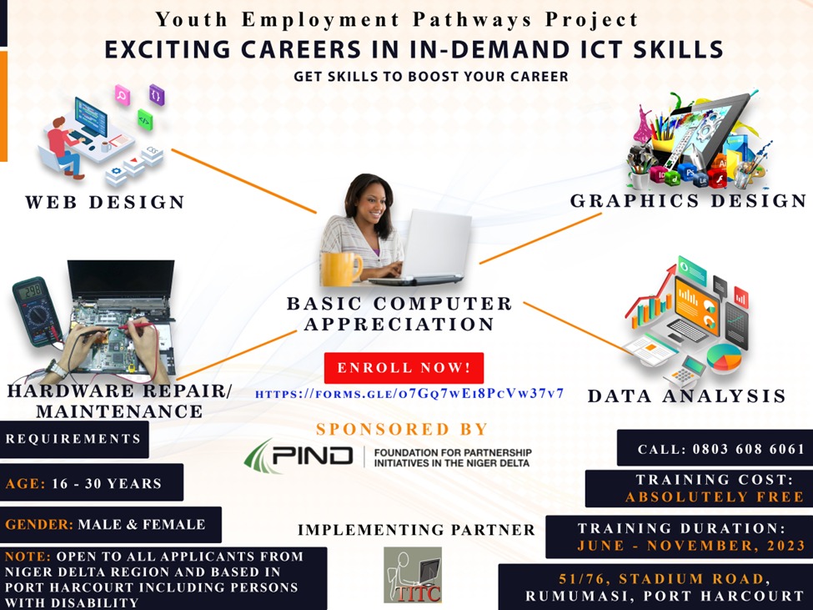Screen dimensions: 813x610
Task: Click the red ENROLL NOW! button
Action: click(x=404, y=368)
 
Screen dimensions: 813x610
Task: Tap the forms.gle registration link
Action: click(x=409, y=394)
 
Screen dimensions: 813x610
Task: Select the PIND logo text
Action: click(x=313, y=456)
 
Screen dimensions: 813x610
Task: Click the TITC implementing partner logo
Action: click(x=413, y=575)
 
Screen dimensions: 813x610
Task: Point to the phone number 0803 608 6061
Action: click(x=748, y=449)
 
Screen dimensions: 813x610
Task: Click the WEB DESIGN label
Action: click(x=105, y=202)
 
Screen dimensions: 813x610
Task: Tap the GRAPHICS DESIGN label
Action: click(x=688, y=201)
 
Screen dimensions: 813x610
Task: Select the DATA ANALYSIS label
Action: click(x=686, y=396)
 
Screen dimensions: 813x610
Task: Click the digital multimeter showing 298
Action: click(x=37, y=311)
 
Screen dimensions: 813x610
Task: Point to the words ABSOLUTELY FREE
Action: click(x=715, y=497)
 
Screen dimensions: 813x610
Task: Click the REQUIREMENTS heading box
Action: click(x=74, y=439)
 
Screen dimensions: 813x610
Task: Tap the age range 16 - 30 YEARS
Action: click(x=107, y=483)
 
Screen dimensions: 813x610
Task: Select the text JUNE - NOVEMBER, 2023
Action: click(x=691, y=545)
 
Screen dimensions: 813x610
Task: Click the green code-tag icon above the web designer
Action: click(x=145, y=120)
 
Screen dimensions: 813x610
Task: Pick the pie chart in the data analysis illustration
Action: click(x=725, y=357)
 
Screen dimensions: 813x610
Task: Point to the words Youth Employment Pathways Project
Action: click(x=397, y=20)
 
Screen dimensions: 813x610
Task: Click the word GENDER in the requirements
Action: click(x=39, y=524)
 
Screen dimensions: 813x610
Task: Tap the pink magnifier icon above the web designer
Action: click(x=123, y=95)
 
